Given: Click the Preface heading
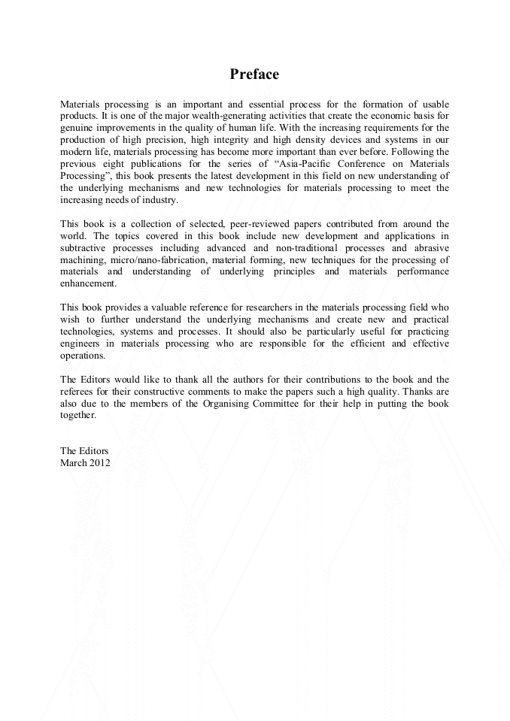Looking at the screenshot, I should (254, 74).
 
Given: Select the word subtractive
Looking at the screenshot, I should (83, 247).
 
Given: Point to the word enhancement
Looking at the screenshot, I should (89, 283).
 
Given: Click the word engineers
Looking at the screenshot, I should (80, 344).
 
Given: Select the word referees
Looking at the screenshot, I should (78, 392).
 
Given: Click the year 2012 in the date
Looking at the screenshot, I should (99, 463).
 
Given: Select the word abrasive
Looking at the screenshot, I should (429, 247).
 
